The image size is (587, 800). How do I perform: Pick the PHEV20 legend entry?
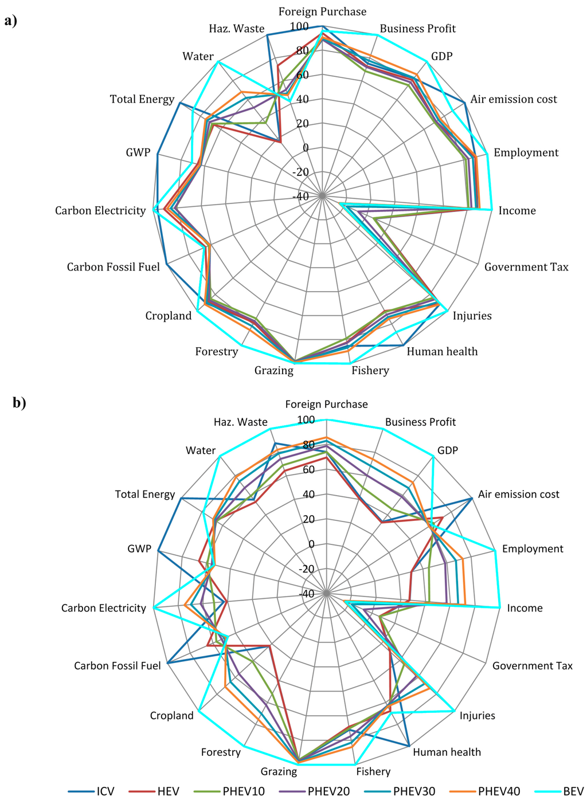point(314,791)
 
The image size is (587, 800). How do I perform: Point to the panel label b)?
point(19,403)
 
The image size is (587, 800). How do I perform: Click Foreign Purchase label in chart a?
point(322,11)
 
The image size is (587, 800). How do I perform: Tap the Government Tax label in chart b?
point(532,665)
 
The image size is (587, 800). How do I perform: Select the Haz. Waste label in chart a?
point(236,29)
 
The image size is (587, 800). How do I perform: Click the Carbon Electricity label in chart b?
point(104,608)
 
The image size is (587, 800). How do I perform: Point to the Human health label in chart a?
point(442,351)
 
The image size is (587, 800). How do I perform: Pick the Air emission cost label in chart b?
point(518,494)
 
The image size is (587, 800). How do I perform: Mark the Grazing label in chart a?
point(274,370)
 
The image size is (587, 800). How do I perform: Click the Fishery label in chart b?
point(373,771)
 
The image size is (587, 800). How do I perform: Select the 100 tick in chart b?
point(306,420)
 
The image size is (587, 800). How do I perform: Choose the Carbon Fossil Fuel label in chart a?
point(114,267)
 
